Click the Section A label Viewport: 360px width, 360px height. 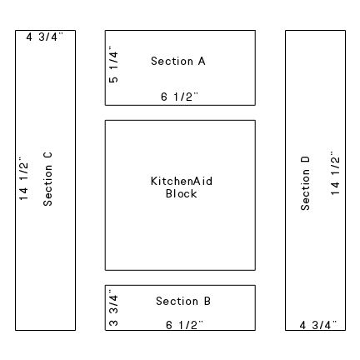(178, 61)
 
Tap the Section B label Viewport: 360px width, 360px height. (183, 301)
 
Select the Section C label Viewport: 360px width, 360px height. (47, 179)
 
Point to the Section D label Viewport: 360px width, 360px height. (305, 183)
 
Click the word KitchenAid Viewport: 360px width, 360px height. (182, 181)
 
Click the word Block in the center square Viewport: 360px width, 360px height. (181, 193)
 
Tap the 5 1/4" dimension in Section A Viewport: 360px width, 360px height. (114, 64)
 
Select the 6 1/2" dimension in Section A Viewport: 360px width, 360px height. (180, 97)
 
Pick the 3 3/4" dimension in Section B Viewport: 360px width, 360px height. (114, 307)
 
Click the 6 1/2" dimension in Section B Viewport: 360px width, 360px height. (184, 325)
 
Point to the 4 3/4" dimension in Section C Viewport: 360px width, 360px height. (45, 37)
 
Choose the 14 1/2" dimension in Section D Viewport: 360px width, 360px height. (336, 173)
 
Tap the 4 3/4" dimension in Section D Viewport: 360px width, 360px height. (318, 325)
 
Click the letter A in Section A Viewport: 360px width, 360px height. (202, 61)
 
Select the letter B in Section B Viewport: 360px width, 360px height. (207, 301)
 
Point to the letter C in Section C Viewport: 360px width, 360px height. (47, 155)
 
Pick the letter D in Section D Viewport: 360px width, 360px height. (305, 160)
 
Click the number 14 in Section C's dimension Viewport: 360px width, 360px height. (24, 194)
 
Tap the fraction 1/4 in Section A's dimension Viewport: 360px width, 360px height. (114, 60)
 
